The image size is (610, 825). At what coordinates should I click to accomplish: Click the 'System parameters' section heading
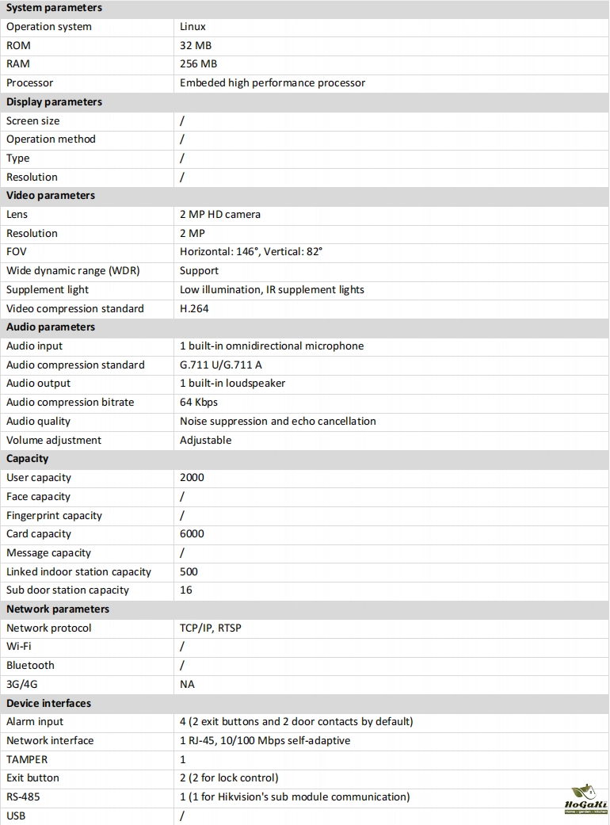(54, 8)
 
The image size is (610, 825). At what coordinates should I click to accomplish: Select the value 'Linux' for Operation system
(193, 27)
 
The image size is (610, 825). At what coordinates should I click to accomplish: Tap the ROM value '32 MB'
(196, 46)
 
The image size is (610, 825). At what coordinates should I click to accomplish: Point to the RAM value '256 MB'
(198, 64)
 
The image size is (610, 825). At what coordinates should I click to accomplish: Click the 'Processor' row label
(30, 83)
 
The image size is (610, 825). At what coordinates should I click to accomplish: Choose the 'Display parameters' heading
(54, 102)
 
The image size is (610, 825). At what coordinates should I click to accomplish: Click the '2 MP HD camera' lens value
(220, 215)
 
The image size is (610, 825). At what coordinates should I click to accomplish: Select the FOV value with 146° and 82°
(251, 252)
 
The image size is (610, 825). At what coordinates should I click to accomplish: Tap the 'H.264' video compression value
(194, 309)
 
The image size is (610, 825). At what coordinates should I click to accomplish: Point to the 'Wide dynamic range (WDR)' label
(73, 271)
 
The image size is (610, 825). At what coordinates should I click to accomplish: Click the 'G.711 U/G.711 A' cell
(221, 365)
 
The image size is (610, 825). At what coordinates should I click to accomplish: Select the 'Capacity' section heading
(28, 459)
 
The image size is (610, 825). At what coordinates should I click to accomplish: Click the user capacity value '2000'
(192, 478)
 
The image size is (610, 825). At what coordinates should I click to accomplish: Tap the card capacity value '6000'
(192, 534)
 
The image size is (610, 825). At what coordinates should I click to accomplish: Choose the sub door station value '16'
(186, 590)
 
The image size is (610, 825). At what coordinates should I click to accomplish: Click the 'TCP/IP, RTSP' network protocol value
(211, 628)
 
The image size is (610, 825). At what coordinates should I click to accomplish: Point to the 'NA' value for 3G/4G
(187, 685)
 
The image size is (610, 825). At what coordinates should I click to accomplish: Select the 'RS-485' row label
(23, 797)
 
